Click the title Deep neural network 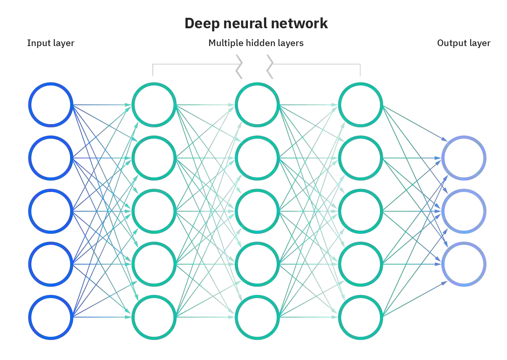coord(256,23)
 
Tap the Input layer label coord(50,42)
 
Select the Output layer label coord(464,42)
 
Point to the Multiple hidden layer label coord(256,42)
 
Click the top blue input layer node coord(51,104)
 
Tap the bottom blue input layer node coord(51,317)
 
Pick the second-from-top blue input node coord(51,158)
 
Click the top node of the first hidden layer coord(154,104)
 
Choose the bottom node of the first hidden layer coord(154,317)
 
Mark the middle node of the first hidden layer coord(154,211)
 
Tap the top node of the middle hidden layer coord(257,104)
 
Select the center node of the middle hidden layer coord(257,211)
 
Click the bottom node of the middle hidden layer coord(257,317)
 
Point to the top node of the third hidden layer coord(361,104)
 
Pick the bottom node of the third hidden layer coord(361,317)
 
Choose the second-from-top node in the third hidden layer coord(361,158)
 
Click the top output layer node coord(464,158)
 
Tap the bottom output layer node coord(464,264)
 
